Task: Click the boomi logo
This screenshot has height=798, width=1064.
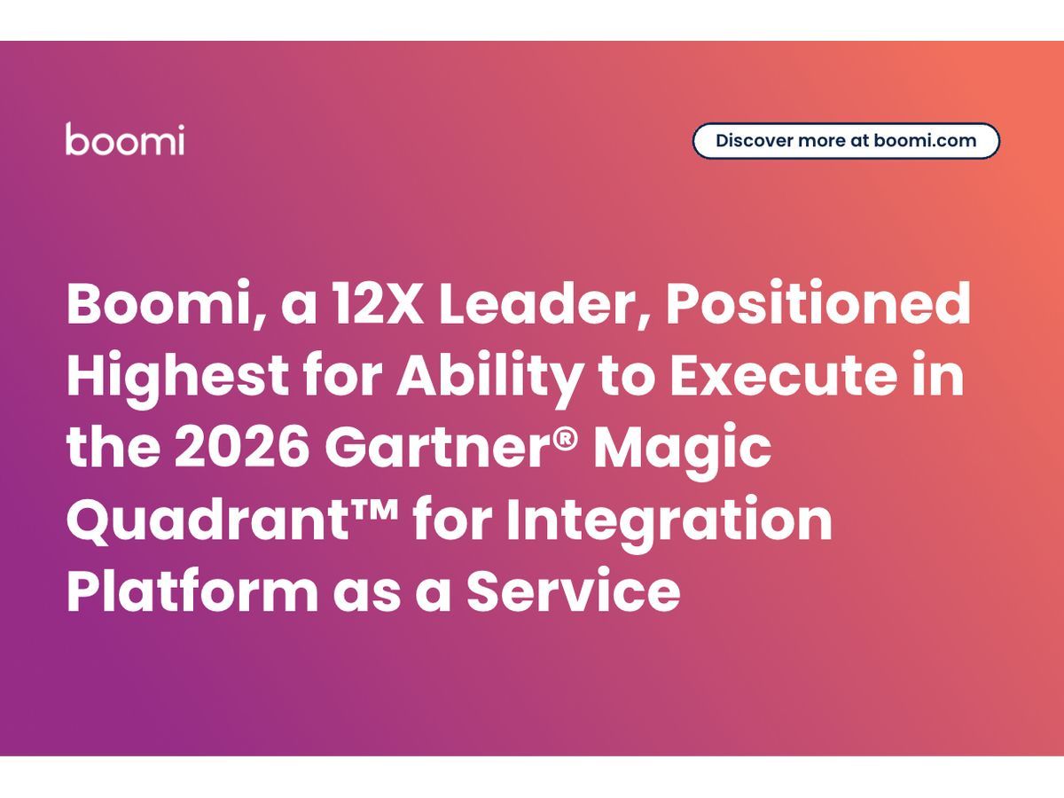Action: [125, 140]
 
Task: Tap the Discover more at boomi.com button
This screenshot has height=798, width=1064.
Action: [845, 141]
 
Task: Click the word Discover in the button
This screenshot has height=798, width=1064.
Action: [754, 141]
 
